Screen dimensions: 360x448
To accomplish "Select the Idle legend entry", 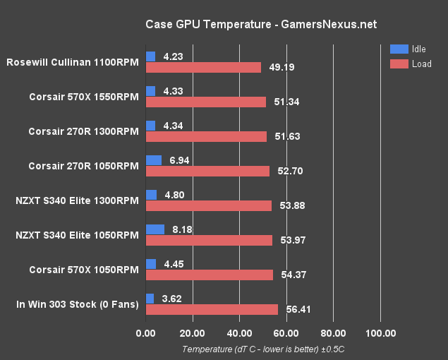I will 408,49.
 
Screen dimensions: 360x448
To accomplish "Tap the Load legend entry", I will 408,64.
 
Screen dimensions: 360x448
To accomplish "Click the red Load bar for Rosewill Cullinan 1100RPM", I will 203,67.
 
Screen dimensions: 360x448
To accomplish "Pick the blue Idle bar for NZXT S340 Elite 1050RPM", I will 155,229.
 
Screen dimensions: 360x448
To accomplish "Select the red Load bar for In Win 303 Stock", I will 212,309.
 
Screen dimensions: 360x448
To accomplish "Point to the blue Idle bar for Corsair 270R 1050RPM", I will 154,160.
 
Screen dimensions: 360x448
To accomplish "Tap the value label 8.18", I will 183,229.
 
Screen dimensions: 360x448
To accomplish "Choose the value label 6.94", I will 180,160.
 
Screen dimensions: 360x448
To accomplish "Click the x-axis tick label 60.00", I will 286,333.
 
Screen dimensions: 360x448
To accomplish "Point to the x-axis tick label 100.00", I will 380,333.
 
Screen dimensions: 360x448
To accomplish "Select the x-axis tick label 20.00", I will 193,333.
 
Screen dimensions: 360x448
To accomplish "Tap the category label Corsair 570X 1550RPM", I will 84,96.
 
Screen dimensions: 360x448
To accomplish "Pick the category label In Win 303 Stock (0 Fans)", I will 78,304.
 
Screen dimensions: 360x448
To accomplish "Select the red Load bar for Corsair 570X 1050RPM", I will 210,275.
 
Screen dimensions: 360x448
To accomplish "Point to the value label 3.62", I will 173,299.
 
